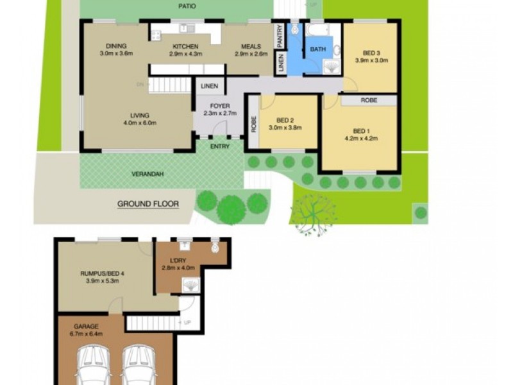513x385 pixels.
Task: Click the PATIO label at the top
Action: coord(187,6)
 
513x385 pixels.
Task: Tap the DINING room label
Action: coord(116,46)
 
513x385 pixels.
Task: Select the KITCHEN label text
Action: coord(185,46)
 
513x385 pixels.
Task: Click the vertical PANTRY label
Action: coord(280,35)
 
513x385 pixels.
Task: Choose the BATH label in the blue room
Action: coord(318,49)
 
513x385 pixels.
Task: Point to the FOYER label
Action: coord(211,106)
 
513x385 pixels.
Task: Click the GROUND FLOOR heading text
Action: coord(147,204)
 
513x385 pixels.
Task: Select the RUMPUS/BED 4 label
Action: coord(102,273)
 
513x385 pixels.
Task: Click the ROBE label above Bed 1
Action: coord(368,100)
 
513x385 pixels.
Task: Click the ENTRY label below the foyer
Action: coord(220,146)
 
